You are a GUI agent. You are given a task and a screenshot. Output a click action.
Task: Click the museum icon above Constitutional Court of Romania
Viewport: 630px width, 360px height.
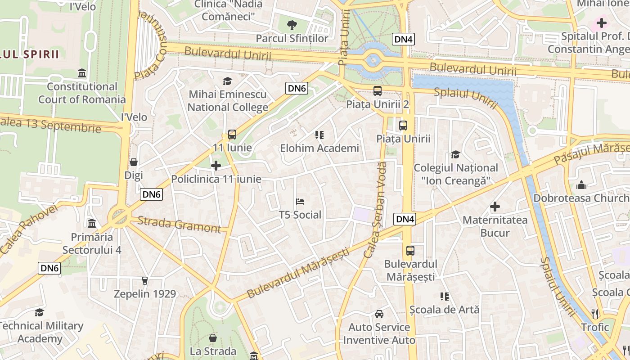pos(82,73)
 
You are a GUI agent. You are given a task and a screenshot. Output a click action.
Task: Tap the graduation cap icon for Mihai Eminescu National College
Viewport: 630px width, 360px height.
pos(227,81)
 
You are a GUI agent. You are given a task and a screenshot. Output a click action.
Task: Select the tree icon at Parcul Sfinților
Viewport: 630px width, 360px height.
pos(292,24)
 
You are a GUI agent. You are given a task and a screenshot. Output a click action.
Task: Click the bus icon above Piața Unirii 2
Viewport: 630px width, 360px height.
pos(377,90)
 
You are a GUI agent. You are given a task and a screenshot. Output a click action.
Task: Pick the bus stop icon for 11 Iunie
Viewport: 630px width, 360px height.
pos(232,134)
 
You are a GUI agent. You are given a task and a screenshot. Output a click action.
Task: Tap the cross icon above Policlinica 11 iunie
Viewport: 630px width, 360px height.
pos(216,166)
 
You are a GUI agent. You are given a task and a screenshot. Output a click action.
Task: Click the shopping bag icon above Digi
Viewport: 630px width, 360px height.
pos(134,162)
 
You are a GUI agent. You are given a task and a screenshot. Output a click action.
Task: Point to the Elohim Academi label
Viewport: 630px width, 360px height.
pos(319,148)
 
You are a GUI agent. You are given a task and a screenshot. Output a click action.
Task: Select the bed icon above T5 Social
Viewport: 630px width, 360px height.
pos(300,201)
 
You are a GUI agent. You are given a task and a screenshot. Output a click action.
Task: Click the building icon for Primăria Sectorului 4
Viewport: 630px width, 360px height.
pos(92,223)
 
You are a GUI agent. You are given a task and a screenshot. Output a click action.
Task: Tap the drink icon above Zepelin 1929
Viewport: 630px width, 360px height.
pos(144,281)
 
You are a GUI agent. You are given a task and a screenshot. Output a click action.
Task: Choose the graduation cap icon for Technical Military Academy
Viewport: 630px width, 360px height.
pos(40,312)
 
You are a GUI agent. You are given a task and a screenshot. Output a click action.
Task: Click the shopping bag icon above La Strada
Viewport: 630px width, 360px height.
pos(213,337)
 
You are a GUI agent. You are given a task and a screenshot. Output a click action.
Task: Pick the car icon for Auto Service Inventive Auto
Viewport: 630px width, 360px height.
pos(379,314)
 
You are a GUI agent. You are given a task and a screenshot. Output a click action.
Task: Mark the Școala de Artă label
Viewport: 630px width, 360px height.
pos(444,310)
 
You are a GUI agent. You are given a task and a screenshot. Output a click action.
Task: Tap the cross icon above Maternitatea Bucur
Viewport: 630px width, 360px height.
pos(495,207)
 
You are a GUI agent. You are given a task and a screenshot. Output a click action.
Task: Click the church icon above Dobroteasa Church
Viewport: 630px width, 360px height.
pos(581,185)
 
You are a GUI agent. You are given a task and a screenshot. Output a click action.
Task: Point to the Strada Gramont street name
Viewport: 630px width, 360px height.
pos(179,224)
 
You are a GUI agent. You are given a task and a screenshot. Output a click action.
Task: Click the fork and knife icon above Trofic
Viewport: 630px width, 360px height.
pos(595,314)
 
